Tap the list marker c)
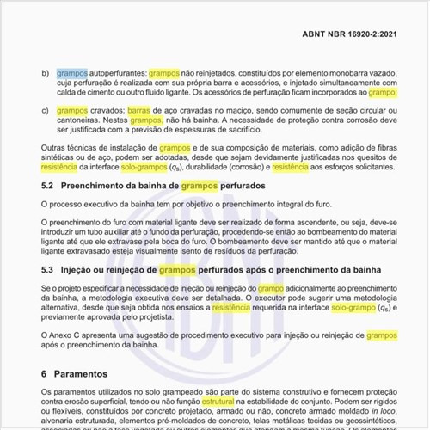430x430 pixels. click(x=46, y=111)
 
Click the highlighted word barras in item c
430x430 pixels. click(x=138, y=111)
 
